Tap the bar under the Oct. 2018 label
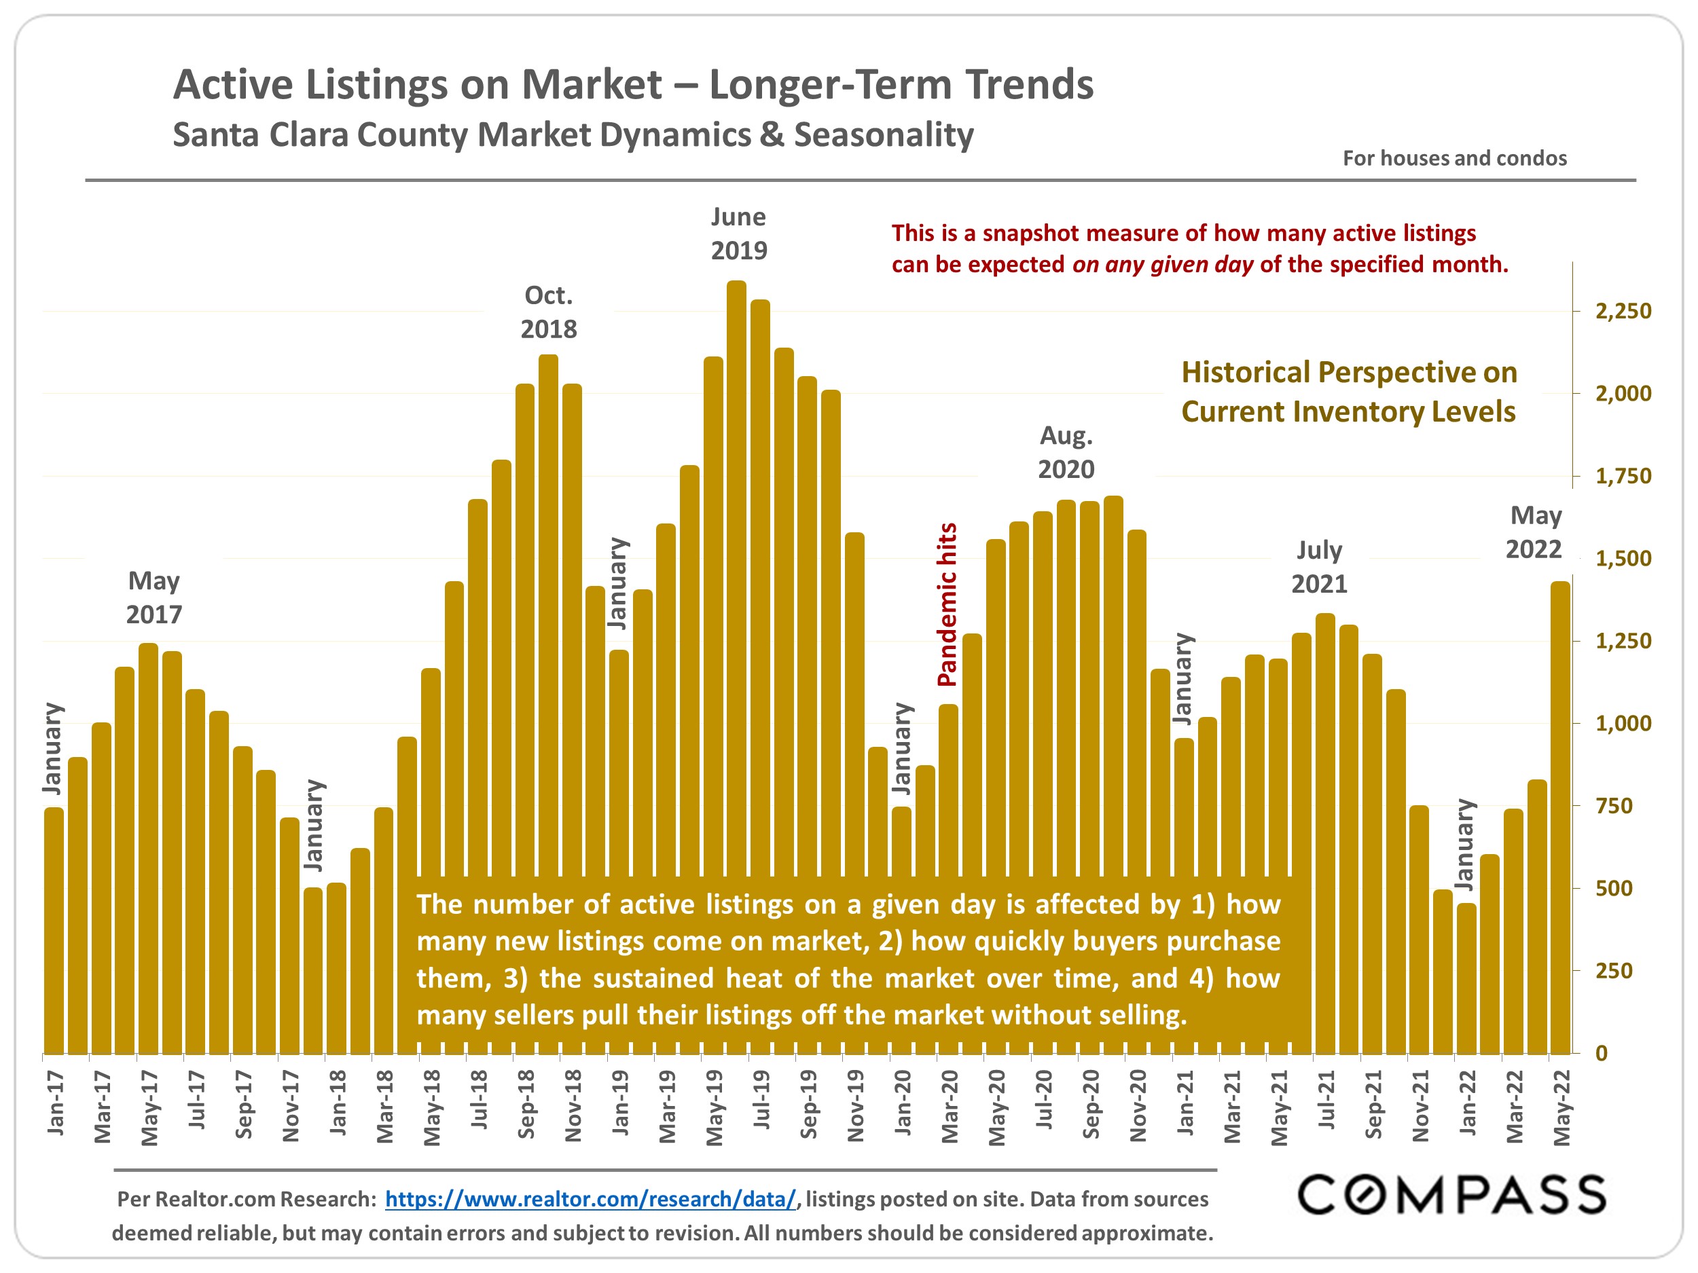coord(548,614)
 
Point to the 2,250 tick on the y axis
coord(1623,312)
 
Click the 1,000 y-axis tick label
coord(1623,724)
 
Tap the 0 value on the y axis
coord(1602,1054)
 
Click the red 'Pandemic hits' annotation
coord(947,605)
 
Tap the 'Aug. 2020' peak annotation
coord(1066,452)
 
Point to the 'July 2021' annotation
coord(1319,567)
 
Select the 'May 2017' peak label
coord(154,597)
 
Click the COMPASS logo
coord(1451,1195)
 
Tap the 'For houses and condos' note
coord(1454,158)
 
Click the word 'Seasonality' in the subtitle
coord(884,135)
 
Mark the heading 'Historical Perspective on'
coord(1349,372)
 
